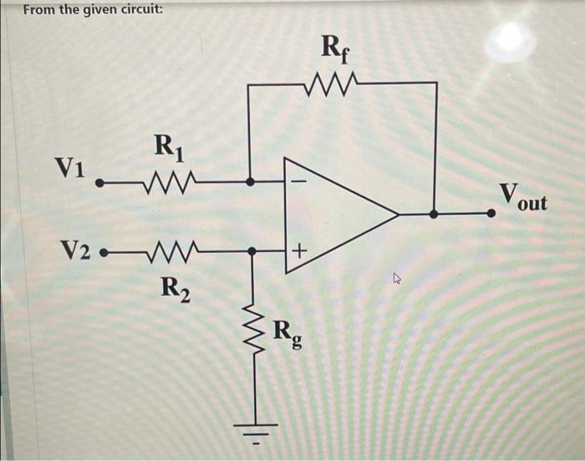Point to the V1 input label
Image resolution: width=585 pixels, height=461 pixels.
pos(69,166)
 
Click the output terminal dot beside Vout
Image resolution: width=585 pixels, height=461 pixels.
pos(492,214)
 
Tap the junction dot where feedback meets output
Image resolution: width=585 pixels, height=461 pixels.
pos(434,214)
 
